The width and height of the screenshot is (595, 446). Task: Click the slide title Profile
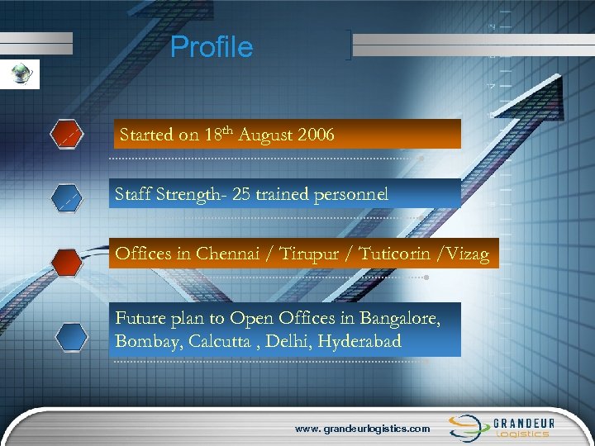tap(212, 47)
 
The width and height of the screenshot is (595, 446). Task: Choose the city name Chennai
tap(226, 254)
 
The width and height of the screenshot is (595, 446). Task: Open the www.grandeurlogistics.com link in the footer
tap(363, 429)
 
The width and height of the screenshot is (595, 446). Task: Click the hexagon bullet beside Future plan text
tap(71, 338)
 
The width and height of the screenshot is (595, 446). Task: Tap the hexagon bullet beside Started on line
tap(66, 134)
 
